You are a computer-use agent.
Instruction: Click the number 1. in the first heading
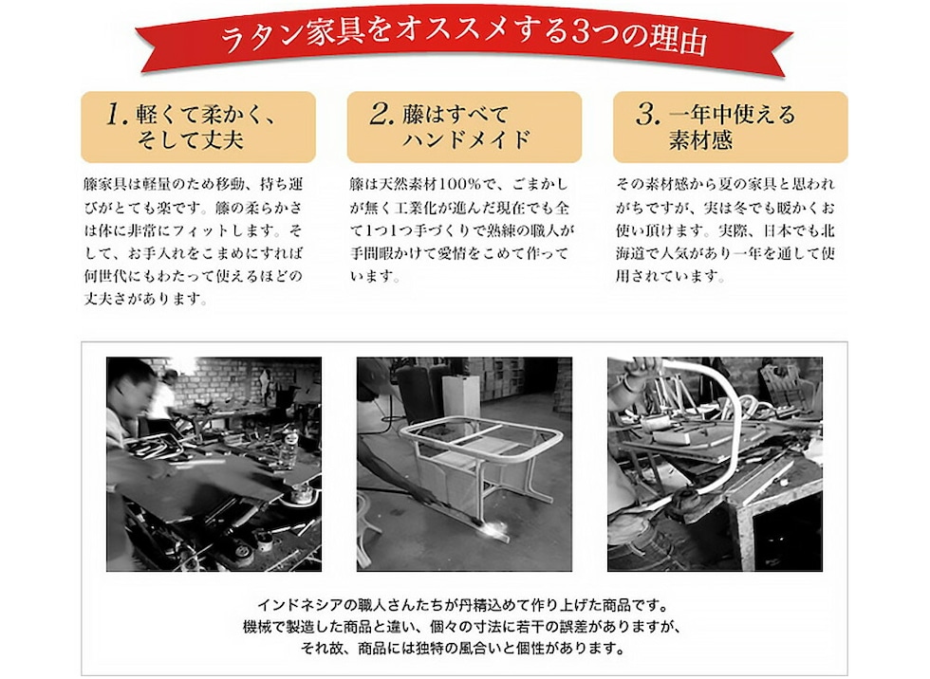point(116,116)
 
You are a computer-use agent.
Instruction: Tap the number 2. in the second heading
point(381,116)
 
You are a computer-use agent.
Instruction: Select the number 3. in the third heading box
point(648,116)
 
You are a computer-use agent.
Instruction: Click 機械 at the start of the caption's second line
point(256,627)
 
